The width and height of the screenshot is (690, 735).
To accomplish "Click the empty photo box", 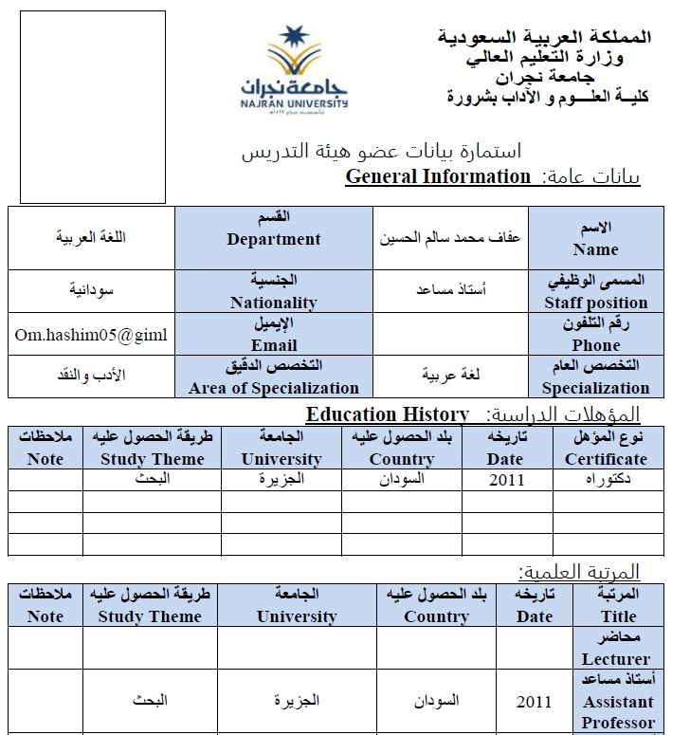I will click(x=92, y=107).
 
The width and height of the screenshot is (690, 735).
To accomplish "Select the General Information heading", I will click(x=438, y=176).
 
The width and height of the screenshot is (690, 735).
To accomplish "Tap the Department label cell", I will click(x=274, y=230).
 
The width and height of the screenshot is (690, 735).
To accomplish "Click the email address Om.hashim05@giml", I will click(x=91, y=335).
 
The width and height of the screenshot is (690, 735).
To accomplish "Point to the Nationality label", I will click(x=274, y=292).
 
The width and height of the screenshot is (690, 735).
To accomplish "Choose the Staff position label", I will click(x=596, y=292).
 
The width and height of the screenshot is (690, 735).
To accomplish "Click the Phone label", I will click(x=596, y=335).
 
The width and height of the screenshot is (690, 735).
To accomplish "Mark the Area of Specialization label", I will click(x=274, y=377).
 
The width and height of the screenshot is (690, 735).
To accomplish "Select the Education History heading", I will click(x=387, y=414).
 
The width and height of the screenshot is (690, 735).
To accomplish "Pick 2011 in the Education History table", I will click(x=506, y=480).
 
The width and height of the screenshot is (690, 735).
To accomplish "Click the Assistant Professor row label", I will click(x=618, y=702).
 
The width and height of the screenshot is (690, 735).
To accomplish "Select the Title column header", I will click(x=618, y=605).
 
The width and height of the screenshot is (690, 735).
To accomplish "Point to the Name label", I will click(x=595, y=239).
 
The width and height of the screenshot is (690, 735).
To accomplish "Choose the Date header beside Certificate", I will click(x=506, y=448).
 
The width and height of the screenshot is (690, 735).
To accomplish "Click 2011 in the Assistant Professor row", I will click(x=534, y=703).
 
